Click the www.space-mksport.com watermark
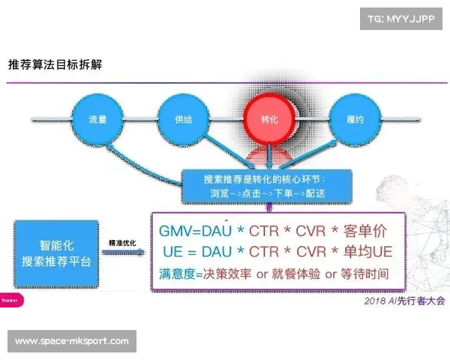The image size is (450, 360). [71, 341]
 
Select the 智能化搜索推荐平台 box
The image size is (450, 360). [56, 253]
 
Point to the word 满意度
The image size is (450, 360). [174, 274]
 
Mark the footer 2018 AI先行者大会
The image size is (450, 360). [403, 301]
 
